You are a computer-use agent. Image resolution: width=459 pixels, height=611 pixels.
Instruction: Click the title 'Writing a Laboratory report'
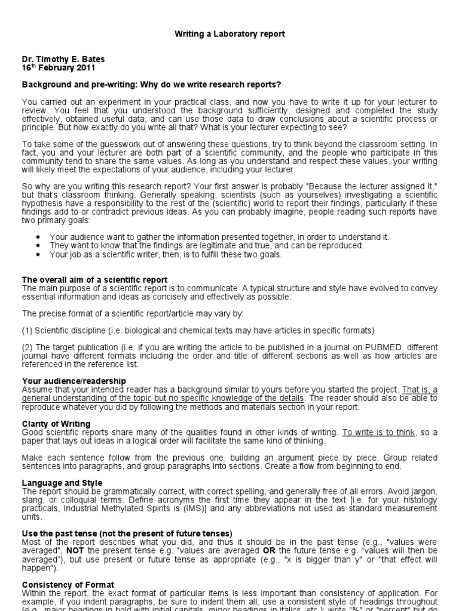pos(229,34)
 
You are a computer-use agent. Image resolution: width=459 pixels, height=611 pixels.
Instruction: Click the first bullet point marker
pos(38,237)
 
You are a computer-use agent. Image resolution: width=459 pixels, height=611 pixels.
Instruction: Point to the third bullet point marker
pos(38,254)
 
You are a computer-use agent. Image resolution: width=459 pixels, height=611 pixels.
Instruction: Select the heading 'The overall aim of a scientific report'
pos(94,280)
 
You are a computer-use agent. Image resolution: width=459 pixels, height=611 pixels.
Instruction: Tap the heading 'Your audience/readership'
pos(74,381)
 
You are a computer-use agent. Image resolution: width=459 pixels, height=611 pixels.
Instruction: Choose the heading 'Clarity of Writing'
pos(56,423)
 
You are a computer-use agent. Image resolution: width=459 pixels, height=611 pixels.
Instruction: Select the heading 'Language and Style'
pos(62,483)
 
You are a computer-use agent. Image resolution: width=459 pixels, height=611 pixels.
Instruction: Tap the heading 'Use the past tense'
pos(127,533)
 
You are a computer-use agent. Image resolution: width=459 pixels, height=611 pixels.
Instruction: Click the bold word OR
pos(268,550)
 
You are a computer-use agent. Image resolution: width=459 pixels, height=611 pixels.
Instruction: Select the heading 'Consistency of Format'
pos(68,585)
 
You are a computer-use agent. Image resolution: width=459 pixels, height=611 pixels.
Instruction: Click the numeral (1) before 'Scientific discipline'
pos(28,331)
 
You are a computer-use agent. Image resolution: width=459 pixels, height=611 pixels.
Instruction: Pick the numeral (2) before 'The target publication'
pos(28,347)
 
